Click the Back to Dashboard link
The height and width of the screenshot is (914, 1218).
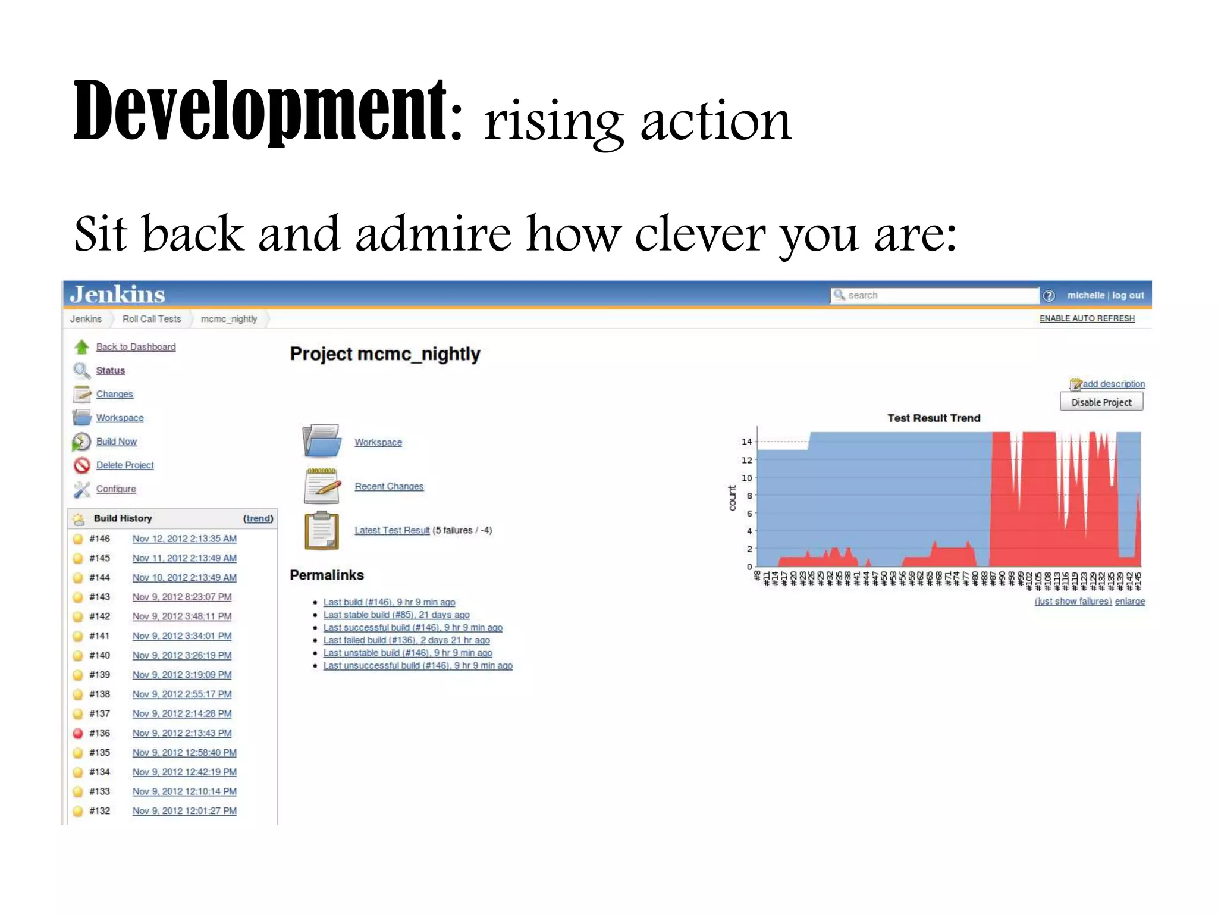pos(136,347)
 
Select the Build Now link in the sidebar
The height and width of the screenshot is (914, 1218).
pos(117,442)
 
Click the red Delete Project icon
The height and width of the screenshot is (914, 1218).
pos(81,465)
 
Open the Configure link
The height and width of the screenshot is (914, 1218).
pos(116,489)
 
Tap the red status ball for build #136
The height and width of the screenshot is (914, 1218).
pos(78,733)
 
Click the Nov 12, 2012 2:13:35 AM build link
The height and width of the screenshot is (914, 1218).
pos(184,539)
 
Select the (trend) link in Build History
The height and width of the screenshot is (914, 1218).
pos(258,518)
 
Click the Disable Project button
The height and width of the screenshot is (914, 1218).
pos(1101,402)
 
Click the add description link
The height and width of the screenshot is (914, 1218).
pos(1113,384)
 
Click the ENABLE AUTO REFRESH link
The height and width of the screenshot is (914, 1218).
pos(1087,318)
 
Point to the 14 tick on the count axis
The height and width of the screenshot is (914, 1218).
pos(746,442)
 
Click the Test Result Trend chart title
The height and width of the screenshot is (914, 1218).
pos(934,418)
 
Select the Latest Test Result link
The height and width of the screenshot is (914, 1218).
pos(392,530)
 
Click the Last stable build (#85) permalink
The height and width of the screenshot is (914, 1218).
pos(396,615)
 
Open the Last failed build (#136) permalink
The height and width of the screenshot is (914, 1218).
pos(406,640)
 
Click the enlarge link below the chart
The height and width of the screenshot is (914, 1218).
pos(1129,602)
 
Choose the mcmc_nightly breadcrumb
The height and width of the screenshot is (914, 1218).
pos(229,319)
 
